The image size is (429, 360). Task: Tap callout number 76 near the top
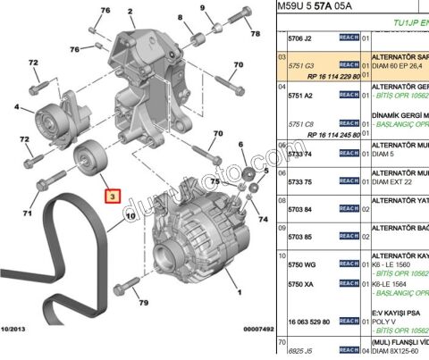[105, 11]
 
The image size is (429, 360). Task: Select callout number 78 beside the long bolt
[255, 34]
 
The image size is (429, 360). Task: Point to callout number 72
[34, 63]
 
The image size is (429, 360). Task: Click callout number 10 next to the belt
[130, 215]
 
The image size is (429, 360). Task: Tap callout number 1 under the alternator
[239, 291]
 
